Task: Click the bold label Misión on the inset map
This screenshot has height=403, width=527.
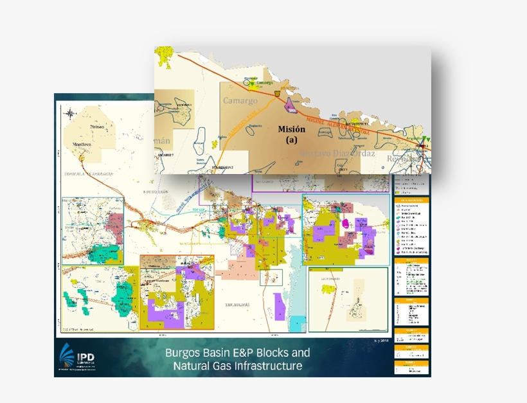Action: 292,129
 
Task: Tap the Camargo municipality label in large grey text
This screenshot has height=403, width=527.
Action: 240,101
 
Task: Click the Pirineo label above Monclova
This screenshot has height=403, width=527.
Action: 96,127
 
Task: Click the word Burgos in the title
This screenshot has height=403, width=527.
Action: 183,353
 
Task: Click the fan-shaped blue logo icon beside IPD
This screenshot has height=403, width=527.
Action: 66,355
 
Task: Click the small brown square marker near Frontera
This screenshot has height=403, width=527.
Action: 277,93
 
